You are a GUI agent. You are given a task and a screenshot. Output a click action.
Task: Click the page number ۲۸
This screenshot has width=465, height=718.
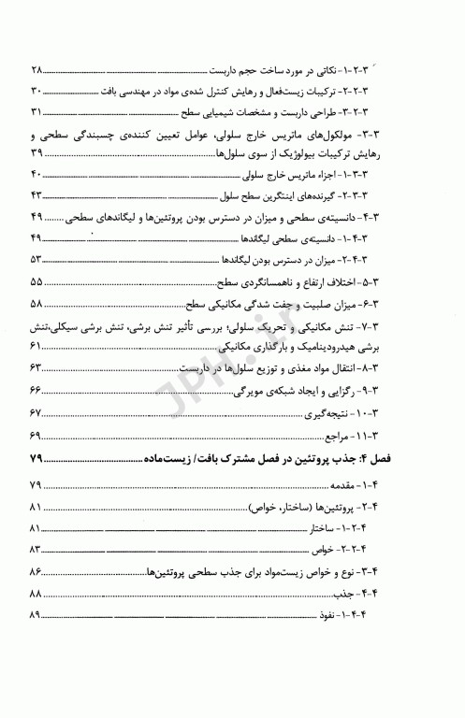[37, 71]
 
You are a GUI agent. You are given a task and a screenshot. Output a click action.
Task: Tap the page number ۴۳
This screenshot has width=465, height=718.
[37, 194]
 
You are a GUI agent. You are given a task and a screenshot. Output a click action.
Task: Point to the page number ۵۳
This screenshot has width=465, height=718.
[37, 259]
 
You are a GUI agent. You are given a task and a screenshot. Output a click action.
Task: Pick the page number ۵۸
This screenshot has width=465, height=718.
[37, 304]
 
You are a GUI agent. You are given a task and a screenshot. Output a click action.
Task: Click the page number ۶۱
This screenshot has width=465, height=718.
[37, 346]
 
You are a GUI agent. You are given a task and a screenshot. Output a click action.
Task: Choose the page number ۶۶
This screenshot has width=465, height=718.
[37, 389]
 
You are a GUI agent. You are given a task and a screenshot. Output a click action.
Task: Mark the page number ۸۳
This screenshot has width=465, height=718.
[37, 548]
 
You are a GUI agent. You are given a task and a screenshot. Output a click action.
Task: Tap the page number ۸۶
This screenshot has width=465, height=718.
[37, 570]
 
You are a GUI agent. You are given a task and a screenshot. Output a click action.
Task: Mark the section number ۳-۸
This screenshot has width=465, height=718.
[420, 367]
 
